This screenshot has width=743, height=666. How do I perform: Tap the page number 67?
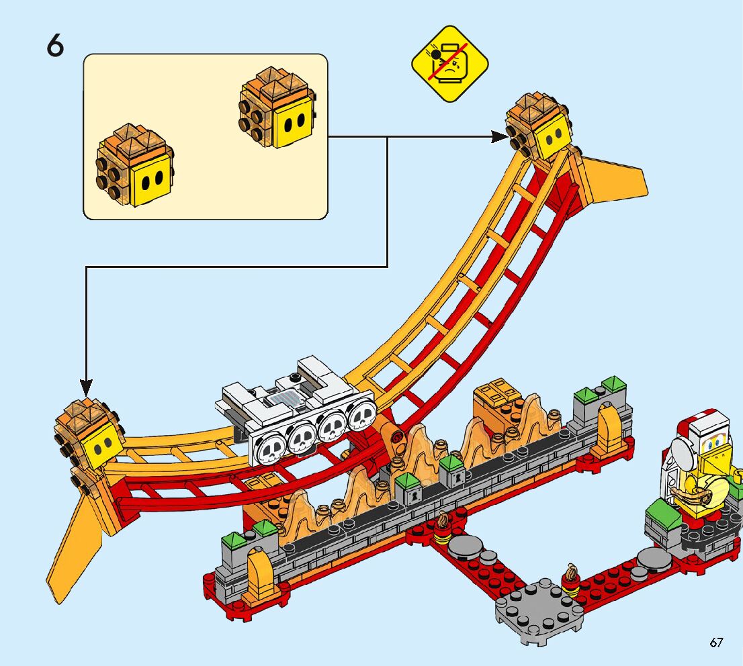tap(716, 643)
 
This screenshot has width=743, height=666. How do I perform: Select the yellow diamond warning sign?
tap(450, 64)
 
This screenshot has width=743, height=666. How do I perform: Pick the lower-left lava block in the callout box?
tap(135, 166)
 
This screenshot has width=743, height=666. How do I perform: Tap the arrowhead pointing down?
tap(86, 387)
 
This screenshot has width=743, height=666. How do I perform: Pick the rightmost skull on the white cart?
tap(361, 418)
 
